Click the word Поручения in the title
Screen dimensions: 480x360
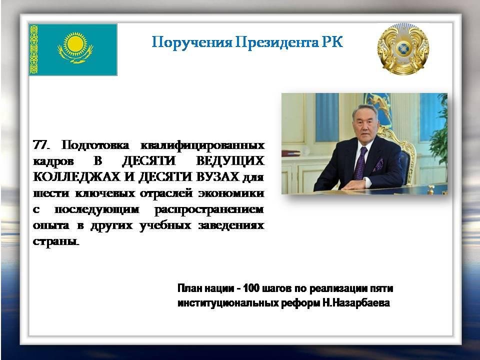point(192,42)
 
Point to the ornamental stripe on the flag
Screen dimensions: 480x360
point(33,49)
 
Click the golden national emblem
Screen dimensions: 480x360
point(403,49)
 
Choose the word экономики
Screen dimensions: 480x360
point(231,193)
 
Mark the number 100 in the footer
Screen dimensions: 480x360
point(251,288)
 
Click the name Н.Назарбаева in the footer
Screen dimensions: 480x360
point(356,303)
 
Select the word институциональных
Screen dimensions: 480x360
point(228,303)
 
